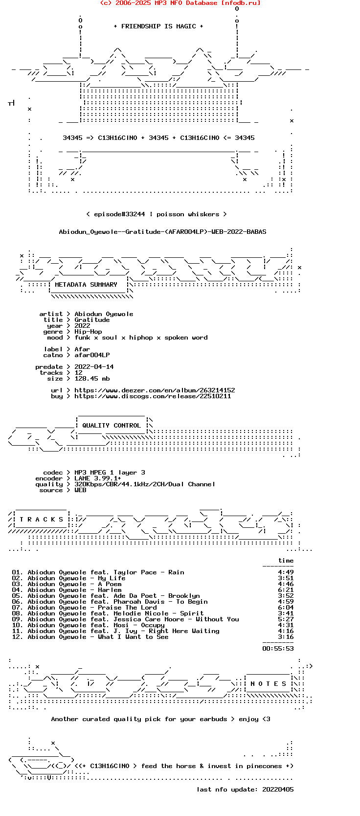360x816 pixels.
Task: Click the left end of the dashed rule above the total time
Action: tap(263, 643)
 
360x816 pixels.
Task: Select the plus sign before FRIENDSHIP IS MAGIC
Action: tap(115, 26)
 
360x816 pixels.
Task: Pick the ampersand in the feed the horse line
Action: tap(202, 766)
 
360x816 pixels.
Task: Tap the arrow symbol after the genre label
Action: tap(68, 332)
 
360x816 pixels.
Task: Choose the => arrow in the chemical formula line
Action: tap(90, 137)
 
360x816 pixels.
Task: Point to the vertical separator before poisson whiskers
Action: tap(151, 214)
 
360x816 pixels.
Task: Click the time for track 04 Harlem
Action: tap(286, 590)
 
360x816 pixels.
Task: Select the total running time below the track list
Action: tap(278, 648)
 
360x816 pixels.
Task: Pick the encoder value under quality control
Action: tap(98, 478)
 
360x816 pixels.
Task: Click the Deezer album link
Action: tap(155, 390)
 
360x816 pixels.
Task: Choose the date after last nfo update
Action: tap(278, 790)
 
